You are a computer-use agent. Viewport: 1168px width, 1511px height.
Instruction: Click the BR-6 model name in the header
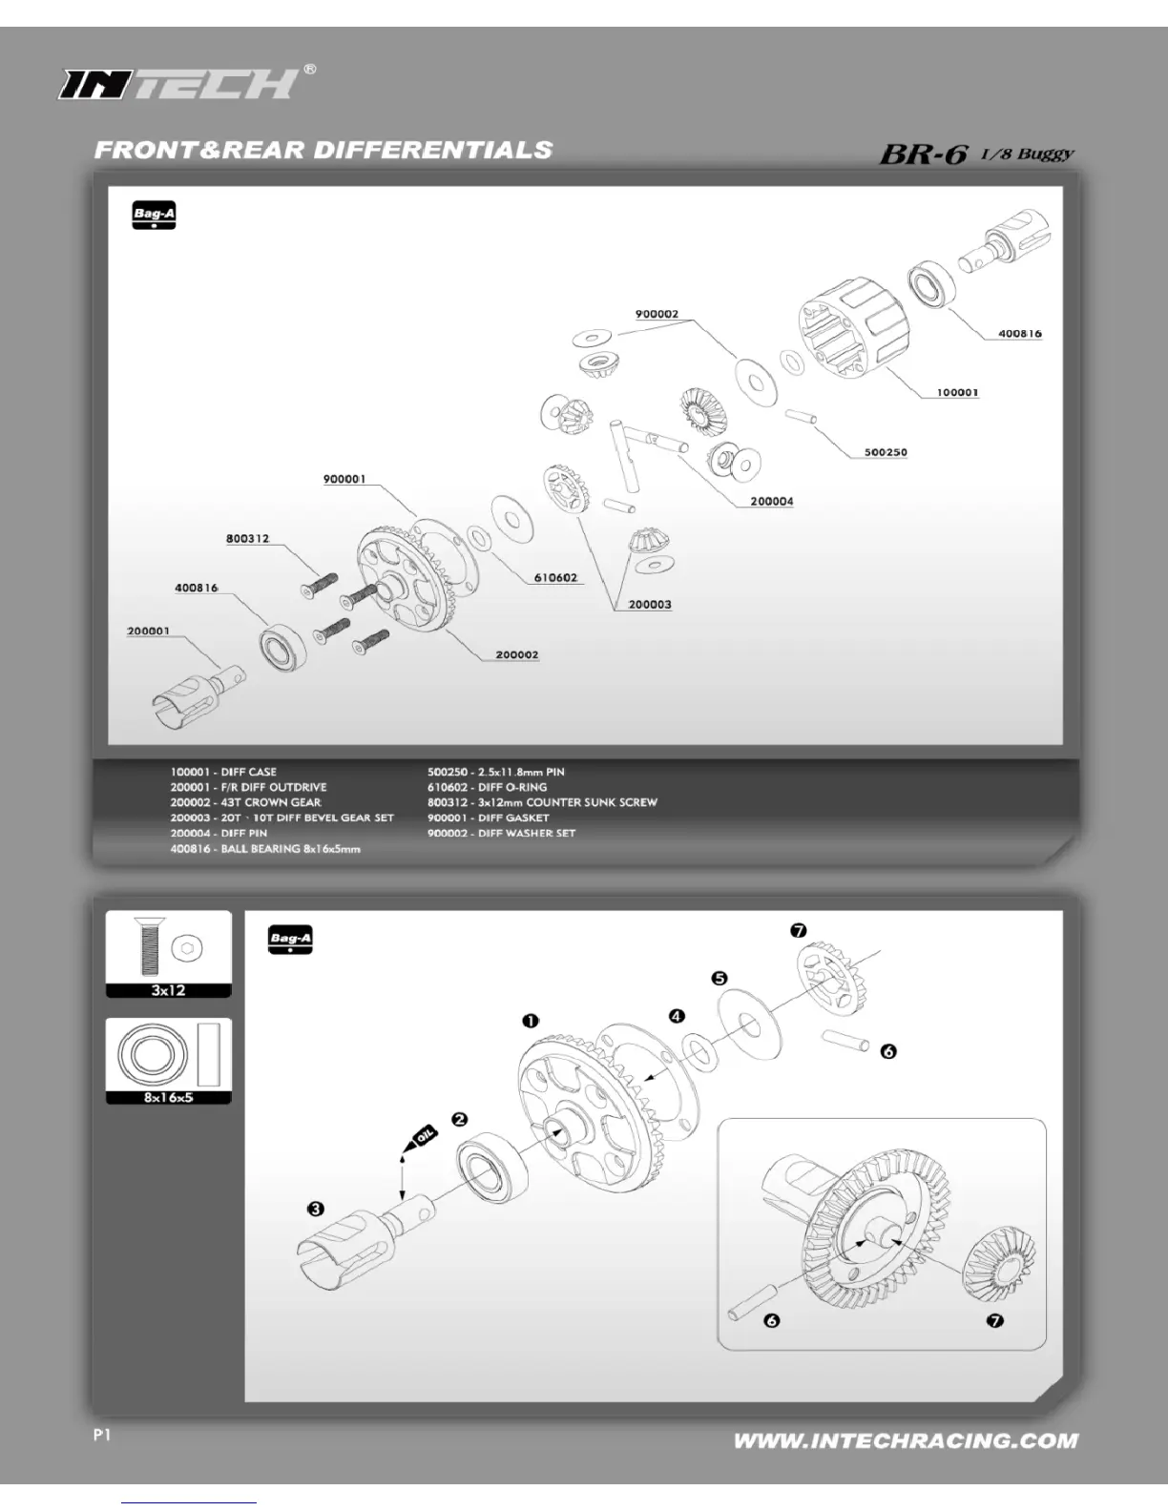click(x=924, y=153)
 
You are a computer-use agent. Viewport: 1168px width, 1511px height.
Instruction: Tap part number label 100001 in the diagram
click(x=957, y=393)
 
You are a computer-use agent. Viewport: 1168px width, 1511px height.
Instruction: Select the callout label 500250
click(x=886, y=452)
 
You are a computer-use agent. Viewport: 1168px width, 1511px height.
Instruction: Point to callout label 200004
click(x=771, y=502)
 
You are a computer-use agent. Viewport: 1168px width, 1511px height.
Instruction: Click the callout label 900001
click(x=344, y=479)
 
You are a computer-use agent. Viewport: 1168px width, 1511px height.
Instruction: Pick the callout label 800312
click(x=247, y=539)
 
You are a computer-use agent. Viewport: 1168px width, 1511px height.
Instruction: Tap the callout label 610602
click(x=555, y=578)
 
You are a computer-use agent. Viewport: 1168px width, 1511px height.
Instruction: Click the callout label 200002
click(x=516, y=655)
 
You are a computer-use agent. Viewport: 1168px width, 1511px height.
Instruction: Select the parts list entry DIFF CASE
click(x=223, y=772)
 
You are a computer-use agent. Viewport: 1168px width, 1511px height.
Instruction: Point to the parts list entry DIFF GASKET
click(x=488, y=818)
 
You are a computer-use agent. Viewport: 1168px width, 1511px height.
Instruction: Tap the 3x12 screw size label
click(x=168, y=990)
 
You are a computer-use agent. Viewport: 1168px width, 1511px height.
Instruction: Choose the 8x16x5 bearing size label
click(x=168, y=1098)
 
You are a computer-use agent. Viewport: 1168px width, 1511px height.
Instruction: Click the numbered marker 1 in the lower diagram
click(x=531, y=1022)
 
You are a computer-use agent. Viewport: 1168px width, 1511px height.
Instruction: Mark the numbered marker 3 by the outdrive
click(x=315, y=1210)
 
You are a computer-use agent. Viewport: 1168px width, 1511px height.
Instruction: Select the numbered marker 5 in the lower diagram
click(x=720, y=979)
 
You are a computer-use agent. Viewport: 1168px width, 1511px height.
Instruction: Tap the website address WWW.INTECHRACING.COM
click(x=906, y=1440)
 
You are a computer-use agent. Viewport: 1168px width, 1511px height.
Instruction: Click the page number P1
click(x=103, y=1435)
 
